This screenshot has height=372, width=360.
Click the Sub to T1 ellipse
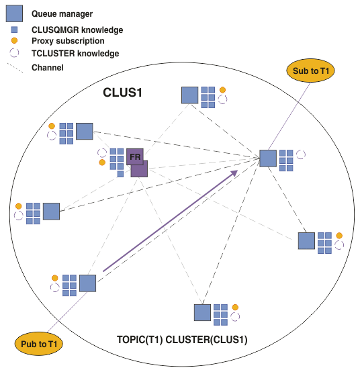[x=310, y=71]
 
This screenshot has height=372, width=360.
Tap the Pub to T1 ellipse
[x=39, y=344]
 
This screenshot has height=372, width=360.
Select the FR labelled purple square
[x=135, y=156]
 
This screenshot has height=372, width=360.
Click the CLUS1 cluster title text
[x=122, y=92]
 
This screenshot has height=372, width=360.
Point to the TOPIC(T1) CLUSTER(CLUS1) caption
[x=182, y=340]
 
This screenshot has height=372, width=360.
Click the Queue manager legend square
[x=14, y=13]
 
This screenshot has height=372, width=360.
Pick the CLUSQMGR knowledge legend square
[x=14, y=30]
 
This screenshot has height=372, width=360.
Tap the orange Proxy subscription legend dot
[x=14, y=41]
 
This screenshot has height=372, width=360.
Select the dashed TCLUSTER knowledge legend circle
[x=14, y=53]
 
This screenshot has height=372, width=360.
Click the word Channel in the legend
[x=48, y=68]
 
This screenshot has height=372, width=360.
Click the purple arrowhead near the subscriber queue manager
[x=234, y=173]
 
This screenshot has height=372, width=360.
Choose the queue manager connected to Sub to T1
[x=268, y=158]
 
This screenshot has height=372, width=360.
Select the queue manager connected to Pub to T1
[x=87, y=283]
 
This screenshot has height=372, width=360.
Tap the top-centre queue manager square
[x=190, y=95]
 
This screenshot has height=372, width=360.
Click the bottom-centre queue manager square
[x=202, y=312]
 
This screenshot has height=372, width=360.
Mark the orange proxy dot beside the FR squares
[x=102, y=162]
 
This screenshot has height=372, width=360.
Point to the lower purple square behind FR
[x=140, y=170]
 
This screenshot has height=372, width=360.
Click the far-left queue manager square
[x=51, y=211]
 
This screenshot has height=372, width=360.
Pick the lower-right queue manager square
[x=306, y=241]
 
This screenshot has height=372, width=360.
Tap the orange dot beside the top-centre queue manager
[x=222, y=90]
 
